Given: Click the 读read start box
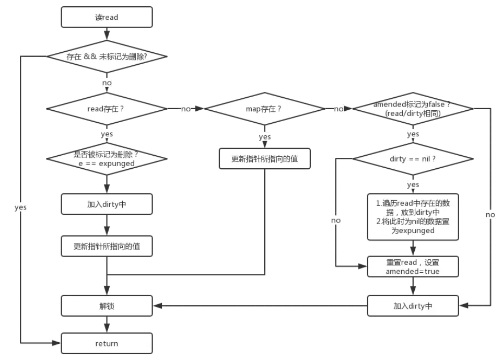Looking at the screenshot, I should tap(107, 17).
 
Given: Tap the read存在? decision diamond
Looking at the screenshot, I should tap(107, 109).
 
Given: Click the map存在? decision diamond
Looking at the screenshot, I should tap(264, 109).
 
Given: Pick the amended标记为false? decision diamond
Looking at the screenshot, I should tap(413, 109).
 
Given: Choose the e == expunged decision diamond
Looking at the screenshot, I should tap(107, 159).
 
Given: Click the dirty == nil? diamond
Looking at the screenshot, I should tap(413, 158).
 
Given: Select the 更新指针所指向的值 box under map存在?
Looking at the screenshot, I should tap(264, 159).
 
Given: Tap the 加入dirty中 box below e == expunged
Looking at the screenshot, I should tap(107, 204).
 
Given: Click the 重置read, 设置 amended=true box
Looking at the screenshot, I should tap(413, 266).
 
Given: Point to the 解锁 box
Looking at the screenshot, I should tap(107, 306).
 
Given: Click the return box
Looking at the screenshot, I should tap(107, 343).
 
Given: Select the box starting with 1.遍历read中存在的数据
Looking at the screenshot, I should tap(413, 216).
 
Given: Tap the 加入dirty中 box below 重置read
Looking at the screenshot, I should tap(413, 306).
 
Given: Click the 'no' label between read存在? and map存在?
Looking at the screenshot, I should tap(186, 109).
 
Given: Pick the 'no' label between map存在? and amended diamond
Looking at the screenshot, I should tap(338, 109).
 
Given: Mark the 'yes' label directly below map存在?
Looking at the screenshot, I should tap(264, 136).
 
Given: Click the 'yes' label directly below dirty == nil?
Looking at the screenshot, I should tap(413, 184).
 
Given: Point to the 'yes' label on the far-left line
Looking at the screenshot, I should tap(20, 207).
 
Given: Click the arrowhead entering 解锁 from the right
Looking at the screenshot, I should tap(156, 306).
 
